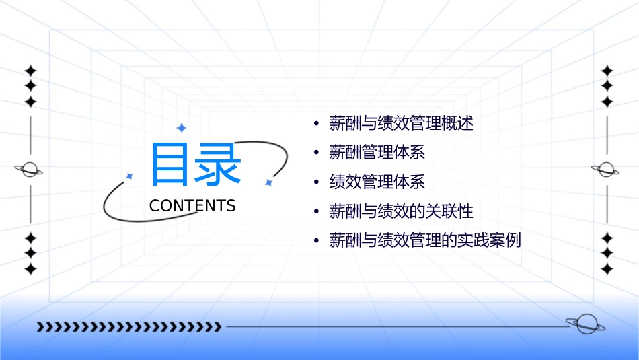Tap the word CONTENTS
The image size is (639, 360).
click(x=192, y=206)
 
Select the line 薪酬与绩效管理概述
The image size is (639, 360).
click(x=401, y=124)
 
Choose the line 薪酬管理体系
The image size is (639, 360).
click(x=377, y=153)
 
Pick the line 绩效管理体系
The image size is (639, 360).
click(x=377, y=182)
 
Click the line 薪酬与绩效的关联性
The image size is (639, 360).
click(x=401, y=211)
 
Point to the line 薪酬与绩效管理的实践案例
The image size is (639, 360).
click(x=425, y=241)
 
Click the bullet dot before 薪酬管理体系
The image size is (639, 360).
click(x=316, y=153)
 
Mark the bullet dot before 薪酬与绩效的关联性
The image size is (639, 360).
click(x=316, y=212)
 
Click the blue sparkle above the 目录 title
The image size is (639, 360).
click(x=181, y=128)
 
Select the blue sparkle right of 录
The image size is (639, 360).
click(x=268, y=182)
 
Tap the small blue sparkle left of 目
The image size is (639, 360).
click(x=129, y=176)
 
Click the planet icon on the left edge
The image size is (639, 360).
click(x=29, y=170)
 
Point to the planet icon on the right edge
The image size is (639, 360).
click(x=606, y=170)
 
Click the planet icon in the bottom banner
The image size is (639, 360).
click(x=585, y=324)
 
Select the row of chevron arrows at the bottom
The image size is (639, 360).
click(x=128, y=327)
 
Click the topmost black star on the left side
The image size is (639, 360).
click(x=30, y=70)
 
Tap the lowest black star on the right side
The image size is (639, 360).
click(x=607, y=269)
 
